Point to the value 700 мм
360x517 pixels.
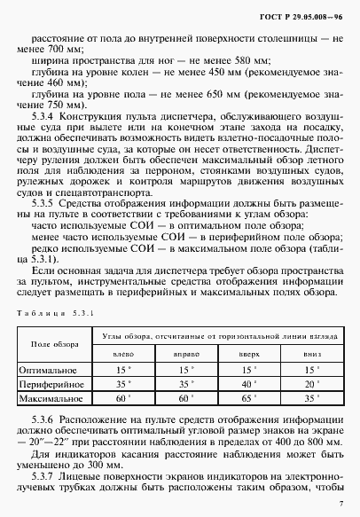(x=74, y=50)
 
